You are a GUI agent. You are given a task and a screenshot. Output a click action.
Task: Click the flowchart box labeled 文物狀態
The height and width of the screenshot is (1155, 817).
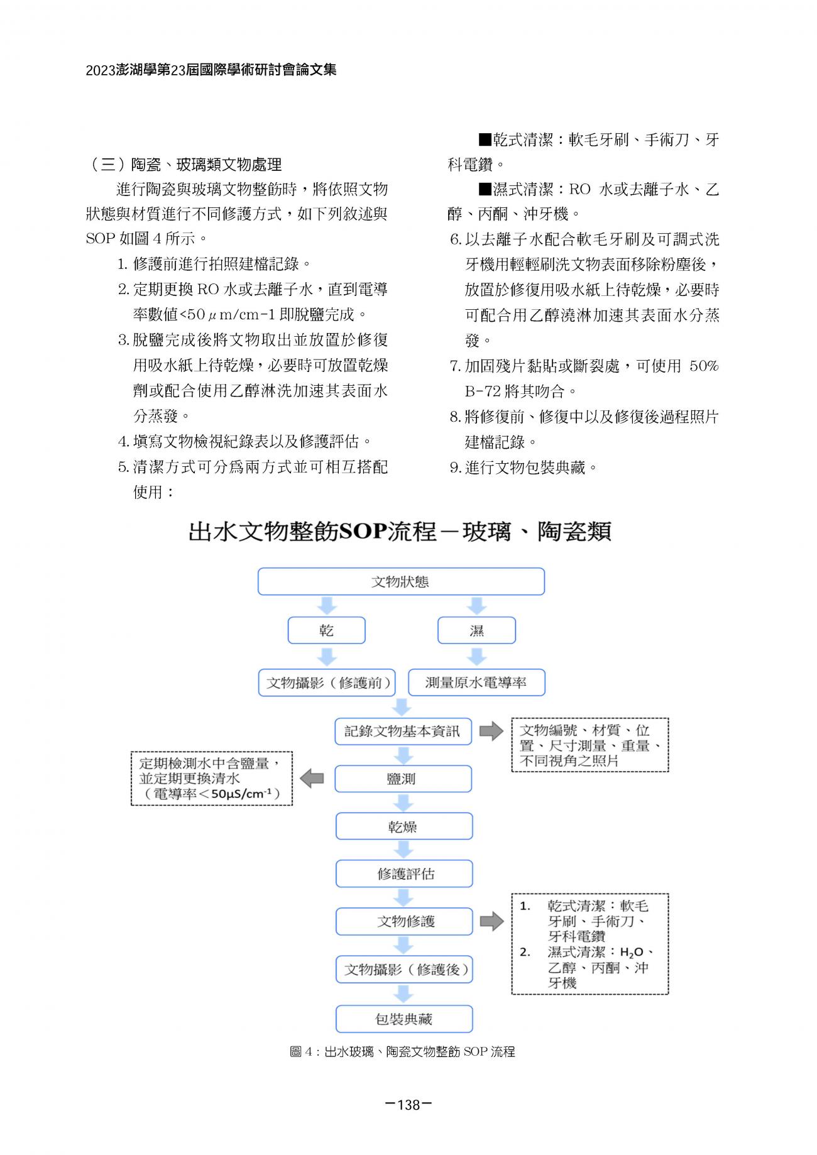[401, 581]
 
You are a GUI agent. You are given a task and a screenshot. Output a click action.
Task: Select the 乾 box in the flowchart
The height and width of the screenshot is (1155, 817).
[326, 630]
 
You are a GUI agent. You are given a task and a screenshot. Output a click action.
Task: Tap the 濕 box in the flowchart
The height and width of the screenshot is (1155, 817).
[476, 630]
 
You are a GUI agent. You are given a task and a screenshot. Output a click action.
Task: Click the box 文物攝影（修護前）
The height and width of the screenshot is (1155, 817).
[327, 682]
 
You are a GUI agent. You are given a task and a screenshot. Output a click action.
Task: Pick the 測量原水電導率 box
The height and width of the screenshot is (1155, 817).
[476, 682]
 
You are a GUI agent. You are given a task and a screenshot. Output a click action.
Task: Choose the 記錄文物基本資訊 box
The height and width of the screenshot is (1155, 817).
[403, 731]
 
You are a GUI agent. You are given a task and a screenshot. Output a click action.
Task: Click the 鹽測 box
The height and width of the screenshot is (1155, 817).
[403, 779]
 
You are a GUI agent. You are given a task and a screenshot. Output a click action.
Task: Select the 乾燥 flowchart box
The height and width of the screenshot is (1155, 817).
[403, 826]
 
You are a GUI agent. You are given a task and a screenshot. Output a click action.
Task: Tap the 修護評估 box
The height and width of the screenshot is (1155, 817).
[404, 873]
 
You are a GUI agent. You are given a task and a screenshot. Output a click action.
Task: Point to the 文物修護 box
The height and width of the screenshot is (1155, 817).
[404, 921]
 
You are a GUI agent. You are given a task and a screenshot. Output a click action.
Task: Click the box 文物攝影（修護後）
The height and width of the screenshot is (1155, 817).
[404, 970]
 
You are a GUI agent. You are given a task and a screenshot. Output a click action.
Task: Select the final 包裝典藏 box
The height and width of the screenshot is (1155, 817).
[404, 1019]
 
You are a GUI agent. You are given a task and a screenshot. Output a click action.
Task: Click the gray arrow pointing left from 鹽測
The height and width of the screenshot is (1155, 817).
[312, 779]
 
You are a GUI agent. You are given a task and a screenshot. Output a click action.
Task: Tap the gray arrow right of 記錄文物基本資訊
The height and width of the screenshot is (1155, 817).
[491, 731]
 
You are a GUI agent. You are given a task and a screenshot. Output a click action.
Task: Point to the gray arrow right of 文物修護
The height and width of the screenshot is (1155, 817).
[491, 921]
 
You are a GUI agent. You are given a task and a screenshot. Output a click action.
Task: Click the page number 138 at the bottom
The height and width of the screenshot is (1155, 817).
[409, 1105]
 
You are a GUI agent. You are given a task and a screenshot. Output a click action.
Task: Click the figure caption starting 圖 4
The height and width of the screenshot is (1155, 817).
[402, 1052]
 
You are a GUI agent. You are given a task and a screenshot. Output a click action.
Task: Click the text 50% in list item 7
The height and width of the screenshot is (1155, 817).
[703, 366]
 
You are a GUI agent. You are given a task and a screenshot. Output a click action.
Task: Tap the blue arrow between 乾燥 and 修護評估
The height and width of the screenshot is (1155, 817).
[403, 850]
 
